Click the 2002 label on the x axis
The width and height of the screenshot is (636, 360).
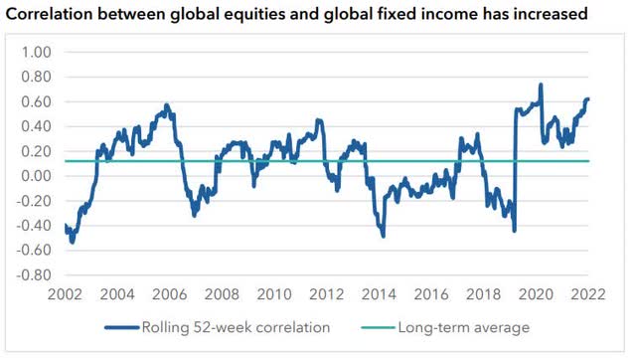pos(64,295)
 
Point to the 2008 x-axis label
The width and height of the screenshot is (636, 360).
pos(221,295)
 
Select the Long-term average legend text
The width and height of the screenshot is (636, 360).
pos(463,327)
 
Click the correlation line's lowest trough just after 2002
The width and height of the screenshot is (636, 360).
pos(72,242)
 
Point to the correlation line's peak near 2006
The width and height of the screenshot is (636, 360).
pos(166,104)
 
